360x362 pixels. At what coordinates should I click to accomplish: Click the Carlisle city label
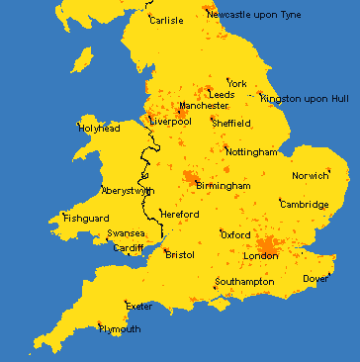[166, 20]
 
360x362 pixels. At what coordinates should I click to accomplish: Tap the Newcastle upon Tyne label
[262, 15]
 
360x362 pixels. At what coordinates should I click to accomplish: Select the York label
[237, 83]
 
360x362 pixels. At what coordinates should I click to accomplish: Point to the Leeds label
[223, 95]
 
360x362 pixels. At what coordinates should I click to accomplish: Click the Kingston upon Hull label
[305, 99]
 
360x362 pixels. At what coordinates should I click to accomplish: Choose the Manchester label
[204, 106]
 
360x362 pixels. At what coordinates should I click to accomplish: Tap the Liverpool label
[171, 122]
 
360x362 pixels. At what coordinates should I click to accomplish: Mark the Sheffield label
[232, 124]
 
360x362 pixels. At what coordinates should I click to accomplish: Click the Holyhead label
[100, 128]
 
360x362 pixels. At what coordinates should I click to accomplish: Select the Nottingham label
[251, 152]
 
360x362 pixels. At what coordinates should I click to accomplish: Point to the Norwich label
[311, 176]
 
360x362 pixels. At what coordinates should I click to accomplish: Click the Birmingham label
[223, 185]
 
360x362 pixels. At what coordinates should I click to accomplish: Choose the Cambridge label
[304, 204]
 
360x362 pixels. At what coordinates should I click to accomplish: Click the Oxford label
[235, 235]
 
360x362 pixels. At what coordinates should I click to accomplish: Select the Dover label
[315, 279]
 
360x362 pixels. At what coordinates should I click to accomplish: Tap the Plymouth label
[120, 329]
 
